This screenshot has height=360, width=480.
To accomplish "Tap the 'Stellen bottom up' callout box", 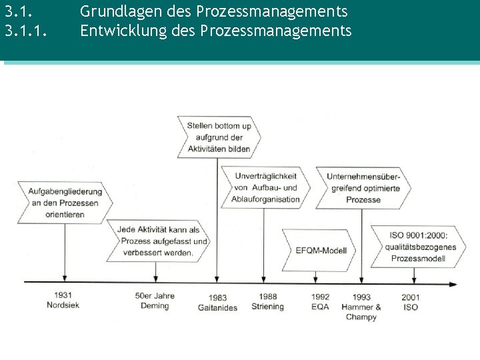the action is click(x=219, y=137).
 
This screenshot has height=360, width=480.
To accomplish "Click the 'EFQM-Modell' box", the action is click(x=321, y=251).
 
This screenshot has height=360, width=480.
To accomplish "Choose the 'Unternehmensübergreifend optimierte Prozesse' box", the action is click(x=363, y=187).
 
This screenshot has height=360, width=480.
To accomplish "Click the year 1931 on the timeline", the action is click(x=64, y=295).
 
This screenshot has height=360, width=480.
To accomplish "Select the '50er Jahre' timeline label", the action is click(x=155, y=295).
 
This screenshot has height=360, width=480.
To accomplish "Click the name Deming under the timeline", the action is click(x=155, y=305).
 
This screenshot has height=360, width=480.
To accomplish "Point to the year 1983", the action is click(x=217, y=297).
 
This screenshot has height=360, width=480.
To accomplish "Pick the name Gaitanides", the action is click(x=217, y=307).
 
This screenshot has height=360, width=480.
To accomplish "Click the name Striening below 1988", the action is click(x=267, y=307).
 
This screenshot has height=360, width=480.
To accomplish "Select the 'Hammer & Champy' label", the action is click(x=361, y=312).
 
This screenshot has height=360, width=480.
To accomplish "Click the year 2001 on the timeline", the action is click(x=411, y=297).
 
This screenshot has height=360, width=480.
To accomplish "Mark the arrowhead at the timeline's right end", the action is click(x=453, y=284).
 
